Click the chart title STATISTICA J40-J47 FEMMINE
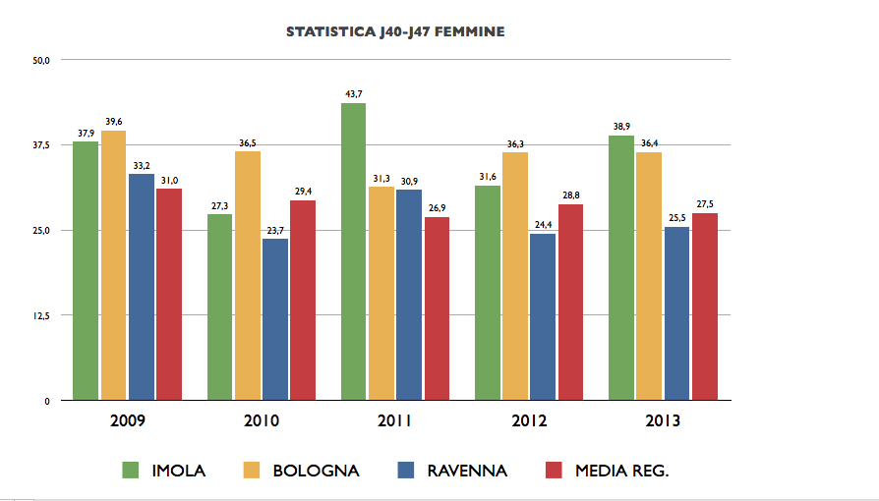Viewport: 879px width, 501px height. click(395, 32)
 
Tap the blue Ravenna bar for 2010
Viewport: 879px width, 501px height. click(275, 319)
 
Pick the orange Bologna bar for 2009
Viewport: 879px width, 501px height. click(113, 265)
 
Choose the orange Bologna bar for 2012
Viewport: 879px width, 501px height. click(515, 276)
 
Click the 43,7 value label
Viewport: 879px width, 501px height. click(354, 94)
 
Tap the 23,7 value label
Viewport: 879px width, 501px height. click(275, 230)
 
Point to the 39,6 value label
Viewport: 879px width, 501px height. click(113, 122)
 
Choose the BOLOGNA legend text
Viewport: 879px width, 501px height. click(316, 471)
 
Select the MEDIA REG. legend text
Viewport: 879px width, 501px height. click(621, 471)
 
